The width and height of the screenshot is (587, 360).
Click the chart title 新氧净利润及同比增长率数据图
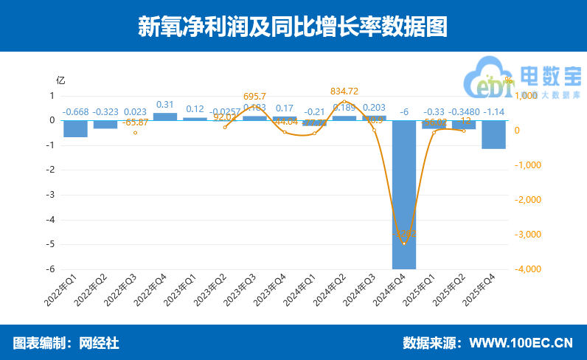tap(293, 27)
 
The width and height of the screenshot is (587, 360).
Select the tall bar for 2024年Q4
tap(404, 193)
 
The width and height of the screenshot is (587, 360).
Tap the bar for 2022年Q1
tap(75, 128)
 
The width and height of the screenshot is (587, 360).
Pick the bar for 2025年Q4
tap(493, 134)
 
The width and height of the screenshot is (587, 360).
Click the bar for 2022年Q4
tap(165, 117)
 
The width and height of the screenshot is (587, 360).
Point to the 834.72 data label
tap(344, 91)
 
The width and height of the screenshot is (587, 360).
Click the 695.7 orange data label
tap(254, 97)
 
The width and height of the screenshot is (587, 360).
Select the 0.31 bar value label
tap(165, 105)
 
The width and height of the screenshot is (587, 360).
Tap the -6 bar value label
tap(404, 112)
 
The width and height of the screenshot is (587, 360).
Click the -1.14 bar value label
tap(493, 112)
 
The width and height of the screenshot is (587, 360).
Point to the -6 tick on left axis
tap(52, 269)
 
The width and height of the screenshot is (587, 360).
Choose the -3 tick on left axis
tap(52, 195)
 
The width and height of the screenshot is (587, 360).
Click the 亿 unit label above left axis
tap(61, 80)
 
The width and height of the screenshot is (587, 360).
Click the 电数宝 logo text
tap(550, 75)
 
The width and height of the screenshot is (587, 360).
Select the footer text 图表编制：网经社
tap(66, 343)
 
